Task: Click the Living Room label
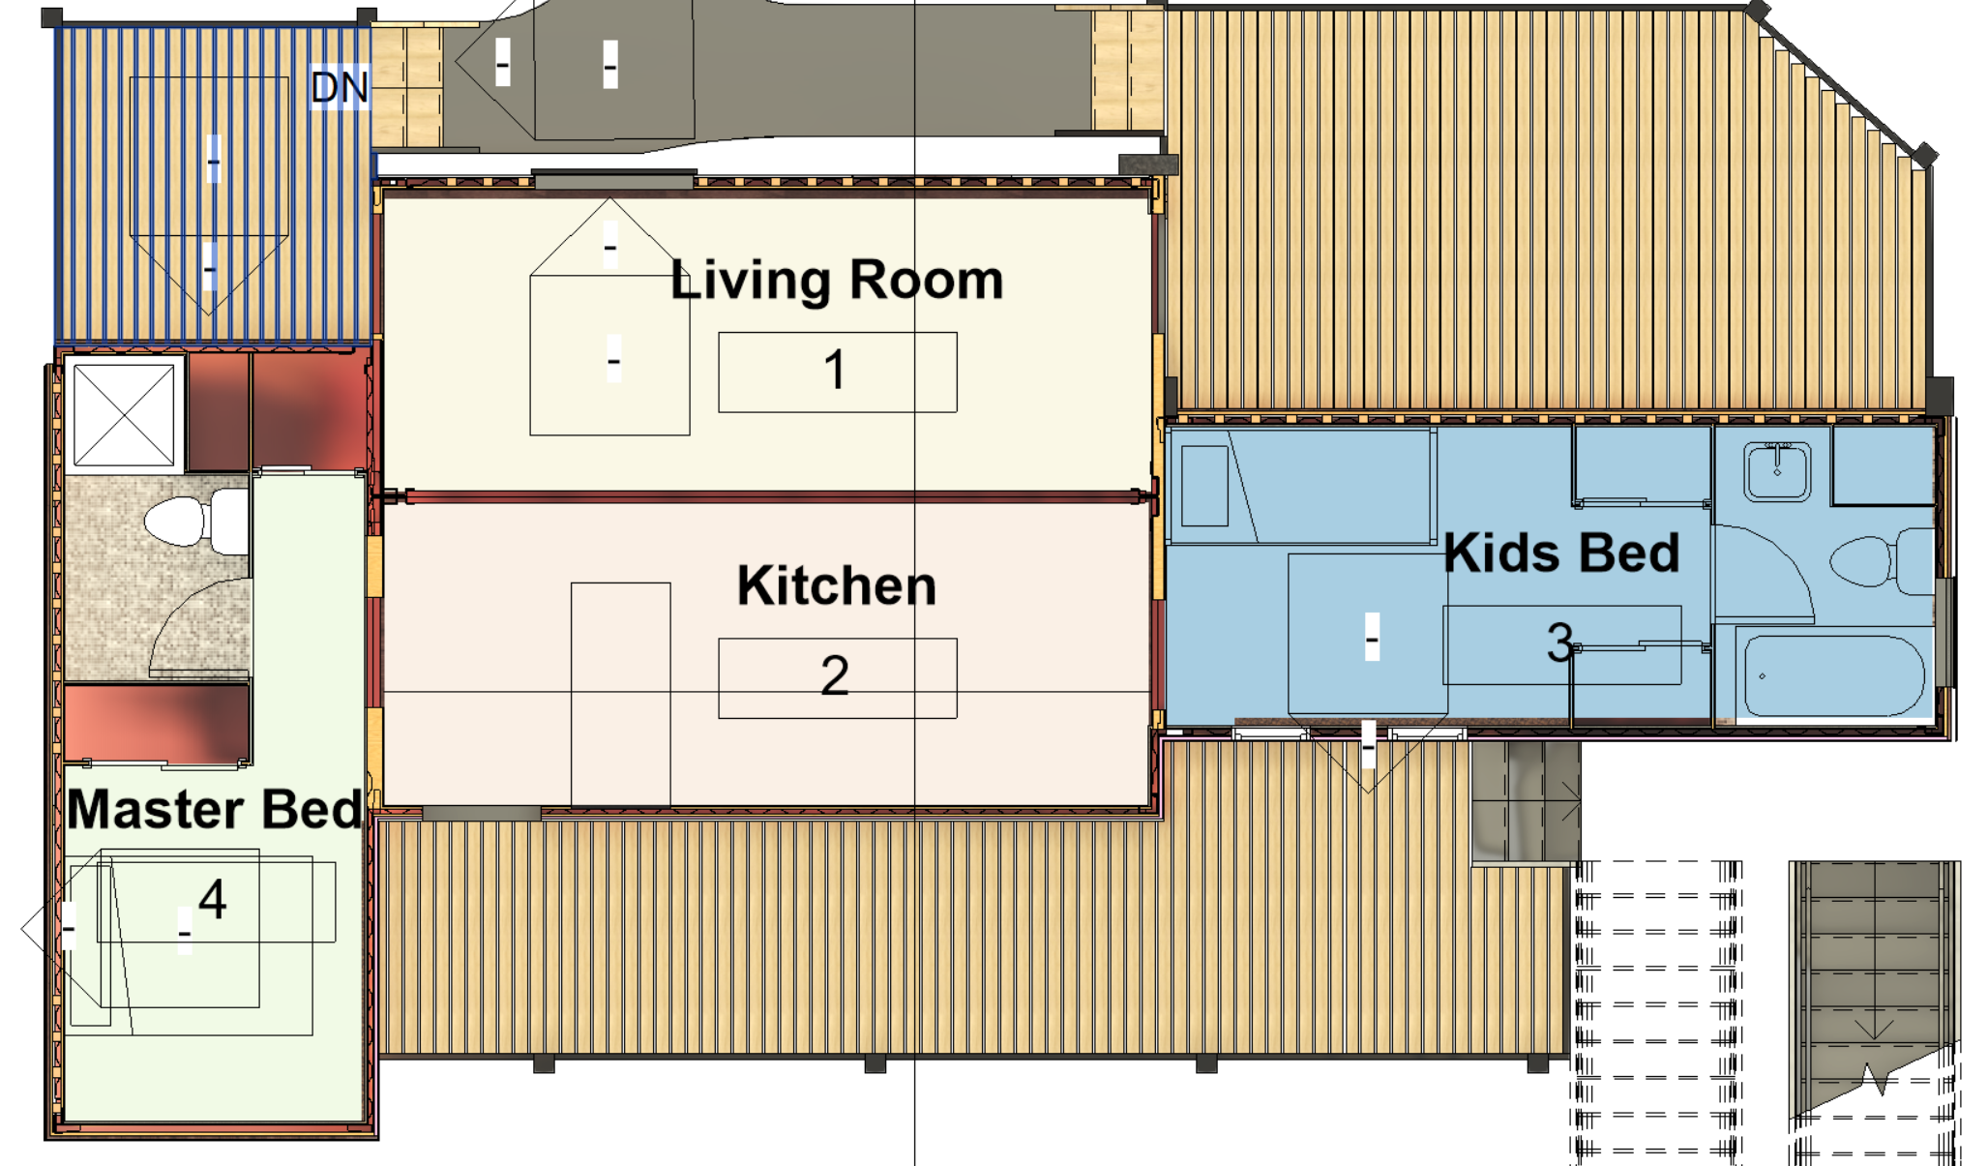click(837, 281)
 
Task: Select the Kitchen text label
click(837, 586)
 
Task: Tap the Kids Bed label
click(1561, 553)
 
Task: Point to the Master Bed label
click(215, 809)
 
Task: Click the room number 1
click(835, 371)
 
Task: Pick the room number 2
click(835, 675)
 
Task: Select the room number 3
click(1559, 643)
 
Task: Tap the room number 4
click(213, 899)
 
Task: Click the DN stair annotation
click(340, 88)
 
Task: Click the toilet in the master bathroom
click(193, 522)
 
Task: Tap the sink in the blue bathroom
click(1777, 471)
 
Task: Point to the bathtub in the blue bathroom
click(1832, 676)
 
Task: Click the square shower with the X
click(124, 415)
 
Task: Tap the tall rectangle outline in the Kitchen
click(620, 693)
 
